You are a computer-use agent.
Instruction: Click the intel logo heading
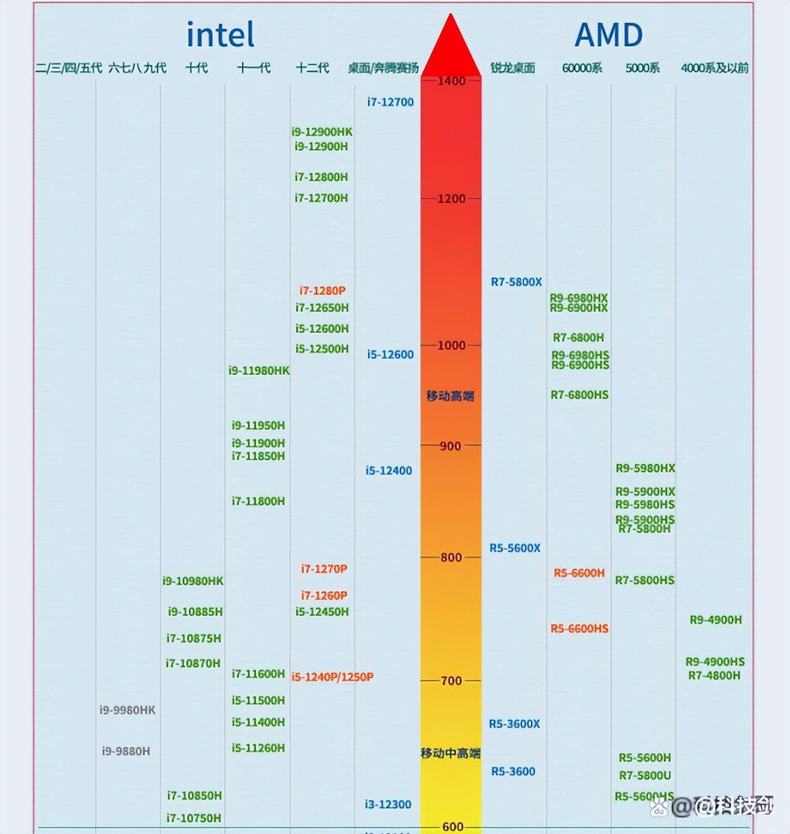(x=220, y=35)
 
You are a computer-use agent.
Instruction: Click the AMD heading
(x=609, y=35)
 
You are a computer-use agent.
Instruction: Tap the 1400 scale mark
(x=451, y=81)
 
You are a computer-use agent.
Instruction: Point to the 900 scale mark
(x=450, y=446)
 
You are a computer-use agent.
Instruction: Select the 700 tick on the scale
(x=451, y=681)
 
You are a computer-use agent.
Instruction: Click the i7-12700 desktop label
(x=390, y=103)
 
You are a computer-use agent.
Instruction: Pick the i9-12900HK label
(x=322, y=132)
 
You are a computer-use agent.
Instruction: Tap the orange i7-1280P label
(x=322, y=290)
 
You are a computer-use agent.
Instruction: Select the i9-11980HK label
(x=259, y=371)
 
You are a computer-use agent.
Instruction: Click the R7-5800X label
(x=516, y=282)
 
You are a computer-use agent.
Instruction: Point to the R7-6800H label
(x=578, y=337)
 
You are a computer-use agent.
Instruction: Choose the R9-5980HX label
(x=645, y=468)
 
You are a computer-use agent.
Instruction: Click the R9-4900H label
(x=715, y=620)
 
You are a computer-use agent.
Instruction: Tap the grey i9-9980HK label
(x=127, y=710)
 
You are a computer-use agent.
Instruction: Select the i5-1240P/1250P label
(x=332, y=677)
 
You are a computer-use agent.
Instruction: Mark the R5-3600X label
(x=514, y=724)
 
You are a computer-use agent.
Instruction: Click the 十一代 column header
(x=254, y=68)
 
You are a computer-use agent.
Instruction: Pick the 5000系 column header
(x=642, y=68)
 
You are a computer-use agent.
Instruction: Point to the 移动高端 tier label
(x=450, y=396)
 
